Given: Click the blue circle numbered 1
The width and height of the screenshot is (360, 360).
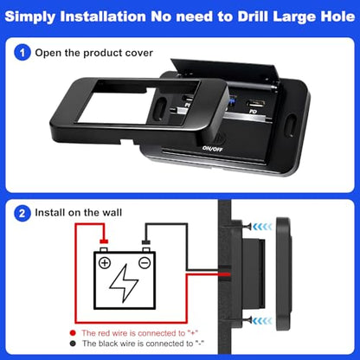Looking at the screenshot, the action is coord(22,53).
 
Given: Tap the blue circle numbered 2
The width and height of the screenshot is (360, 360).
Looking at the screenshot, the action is coord(22,213).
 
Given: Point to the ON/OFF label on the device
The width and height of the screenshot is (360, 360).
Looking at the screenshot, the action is coord(213,149).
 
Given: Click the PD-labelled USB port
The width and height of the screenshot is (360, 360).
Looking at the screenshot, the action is coord(254,103).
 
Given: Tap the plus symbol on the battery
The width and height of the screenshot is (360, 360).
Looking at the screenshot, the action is coord(105,263).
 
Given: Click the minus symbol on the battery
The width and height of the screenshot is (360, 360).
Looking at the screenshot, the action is coord(145,263).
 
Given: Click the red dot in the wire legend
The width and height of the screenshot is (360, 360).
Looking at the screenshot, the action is coord(73,333).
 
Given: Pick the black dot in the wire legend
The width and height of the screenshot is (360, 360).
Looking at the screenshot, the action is coord(73,344).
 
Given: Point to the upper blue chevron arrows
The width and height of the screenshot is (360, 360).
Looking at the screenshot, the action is coord(262,227).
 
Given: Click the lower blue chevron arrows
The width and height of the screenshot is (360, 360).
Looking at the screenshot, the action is coord(262,320).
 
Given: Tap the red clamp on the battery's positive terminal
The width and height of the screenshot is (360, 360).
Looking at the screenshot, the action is coord(104,241).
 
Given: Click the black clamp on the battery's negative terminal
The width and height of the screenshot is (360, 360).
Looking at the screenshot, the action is coord(145,241).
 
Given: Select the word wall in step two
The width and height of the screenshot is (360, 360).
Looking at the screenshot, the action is coord(112,213).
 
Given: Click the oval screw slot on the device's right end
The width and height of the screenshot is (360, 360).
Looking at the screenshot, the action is coord(291,125).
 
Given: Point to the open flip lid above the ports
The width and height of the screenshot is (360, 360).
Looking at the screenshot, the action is coord(224,70).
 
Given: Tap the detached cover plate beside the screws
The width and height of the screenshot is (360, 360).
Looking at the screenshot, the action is coord(284,273).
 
